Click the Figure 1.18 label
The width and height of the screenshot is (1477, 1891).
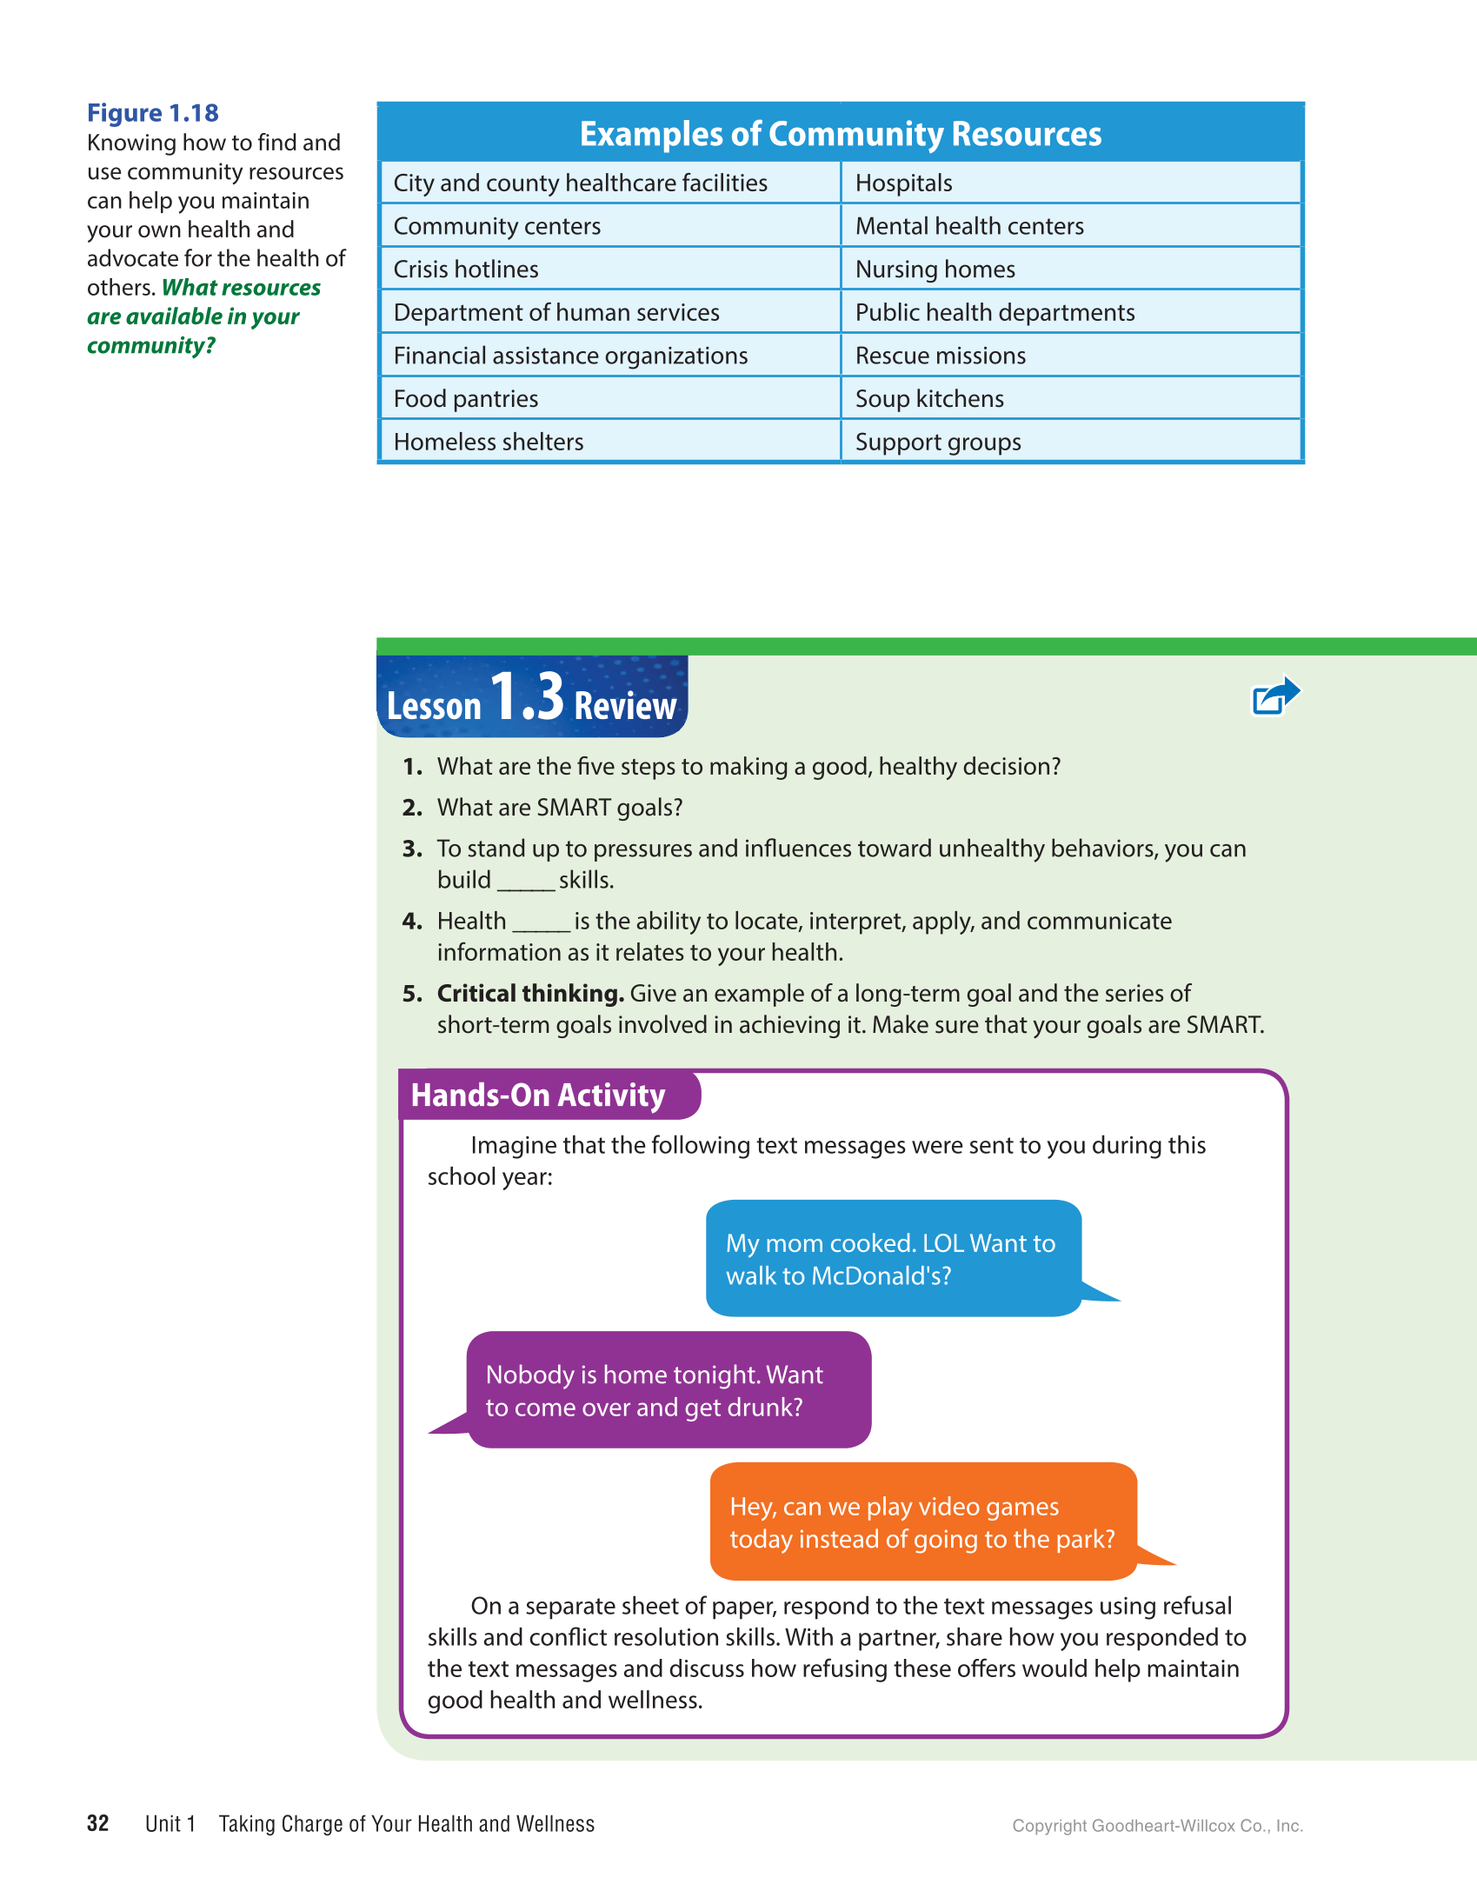pos(152,113)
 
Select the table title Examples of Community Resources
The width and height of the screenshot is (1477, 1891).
pos(840,134)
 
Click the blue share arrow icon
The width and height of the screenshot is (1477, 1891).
pos(1274,696)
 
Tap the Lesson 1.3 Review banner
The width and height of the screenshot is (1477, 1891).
pos(531,698)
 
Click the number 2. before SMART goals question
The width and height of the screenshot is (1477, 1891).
pos(412,808)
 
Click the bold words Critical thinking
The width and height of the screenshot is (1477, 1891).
pos(530,994)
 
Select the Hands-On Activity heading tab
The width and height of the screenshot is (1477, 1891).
pos(539,1095)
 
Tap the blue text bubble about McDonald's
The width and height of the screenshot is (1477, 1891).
pos(893,1259)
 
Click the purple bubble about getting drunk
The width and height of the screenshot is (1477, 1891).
pos(668,1390)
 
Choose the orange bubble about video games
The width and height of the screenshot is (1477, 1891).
pos(921,1522)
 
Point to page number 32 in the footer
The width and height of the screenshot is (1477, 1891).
pos(98,1823)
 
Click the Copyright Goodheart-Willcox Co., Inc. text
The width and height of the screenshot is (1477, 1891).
pos(1156,1826)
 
